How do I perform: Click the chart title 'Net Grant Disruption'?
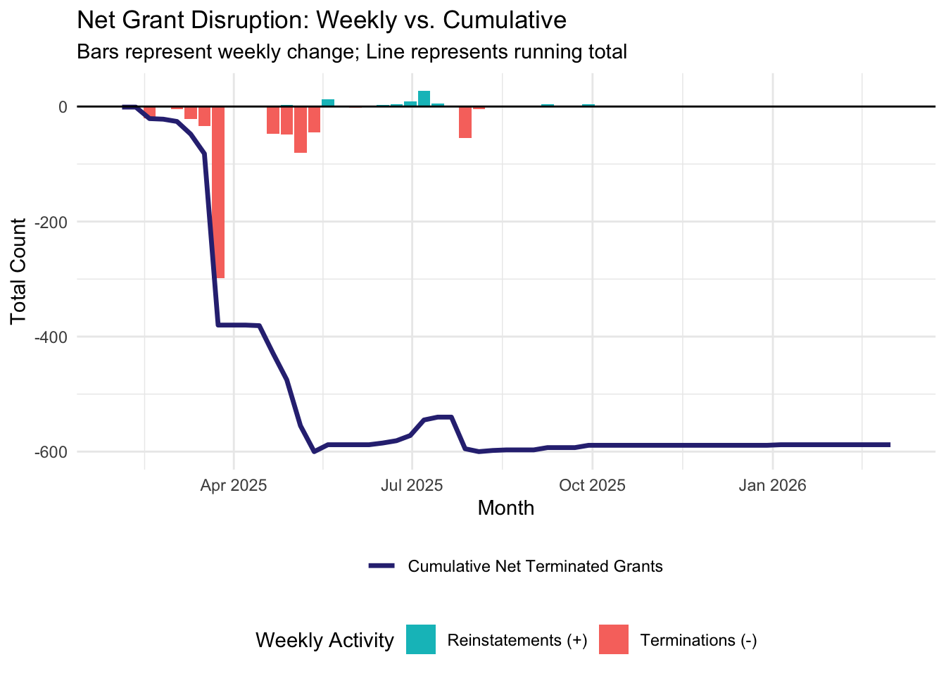point(321,20)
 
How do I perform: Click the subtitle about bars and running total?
point(351,52)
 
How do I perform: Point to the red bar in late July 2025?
point(465,123)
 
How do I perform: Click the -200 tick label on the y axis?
point(53,222)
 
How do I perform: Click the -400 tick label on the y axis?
point(53,337)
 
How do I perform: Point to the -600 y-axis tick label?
point(53,451)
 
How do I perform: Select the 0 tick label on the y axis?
point(63,107)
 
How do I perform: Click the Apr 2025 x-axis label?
point(234,485)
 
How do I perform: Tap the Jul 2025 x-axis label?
point(412,485)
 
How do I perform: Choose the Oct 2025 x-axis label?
point(592,485)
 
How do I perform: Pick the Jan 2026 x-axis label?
point(772,485)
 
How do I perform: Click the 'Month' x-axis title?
point(505,508)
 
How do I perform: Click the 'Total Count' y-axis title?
point(19,272)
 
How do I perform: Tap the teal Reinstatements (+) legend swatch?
point(421,640)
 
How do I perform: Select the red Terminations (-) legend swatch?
point(613,640)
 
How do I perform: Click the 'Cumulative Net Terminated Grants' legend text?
point(535,566)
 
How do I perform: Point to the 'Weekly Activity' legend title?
point(324,640)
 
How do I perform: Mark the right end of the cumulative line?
point(889,445)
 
